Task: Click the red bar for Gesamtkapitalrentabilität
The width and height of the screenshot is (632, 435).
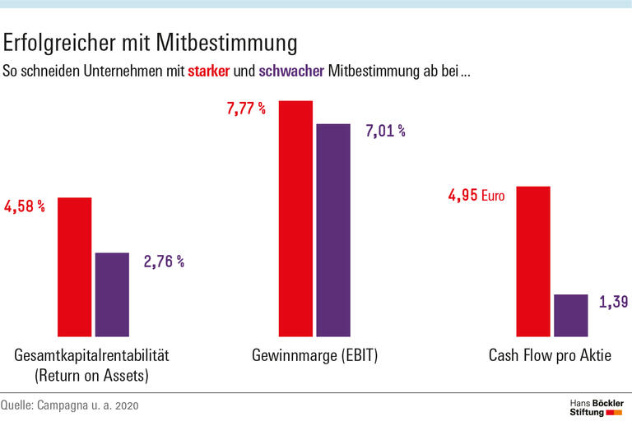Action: [x=74, y=267]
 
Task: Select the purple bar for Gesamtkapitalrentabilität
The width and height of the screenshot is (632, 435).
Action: [x=112, y=294]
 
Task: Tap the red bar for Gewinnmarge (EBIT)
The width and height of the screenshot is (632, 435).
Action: [x=295, y=219]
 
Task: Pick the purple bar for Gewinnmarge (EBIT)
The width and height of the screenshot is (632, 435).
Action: [x=333, y=230]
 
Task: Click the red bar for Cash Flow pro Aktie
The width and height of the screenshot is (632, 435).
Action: [x=532, y=261]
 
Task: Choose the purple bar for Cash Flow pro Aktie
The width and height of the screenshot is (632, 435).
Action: [x=570, y=316]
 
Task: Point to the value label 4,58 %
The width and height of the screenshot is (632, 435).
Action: [x=25, y=206]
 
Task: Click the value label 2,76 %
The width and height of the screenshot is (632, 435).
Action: [x=164, y=261]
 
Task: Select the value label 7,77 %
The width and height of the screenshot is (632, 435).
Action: [x=245, y=109]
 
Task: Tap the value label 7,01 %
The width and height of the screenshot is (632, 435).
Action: [x=384, y=130]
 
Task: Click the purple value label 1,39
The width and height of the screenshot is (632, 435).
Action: [x=613, y=303]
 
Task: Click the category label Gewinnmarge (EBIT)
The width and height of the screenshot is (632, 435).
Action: [x=314, y=356]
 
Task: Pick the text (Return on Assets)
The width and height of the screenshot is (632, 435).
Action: [x=91, y=376]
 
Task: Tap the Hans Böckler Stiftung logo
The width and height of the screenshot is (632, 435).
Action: [x=597, y=407]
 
